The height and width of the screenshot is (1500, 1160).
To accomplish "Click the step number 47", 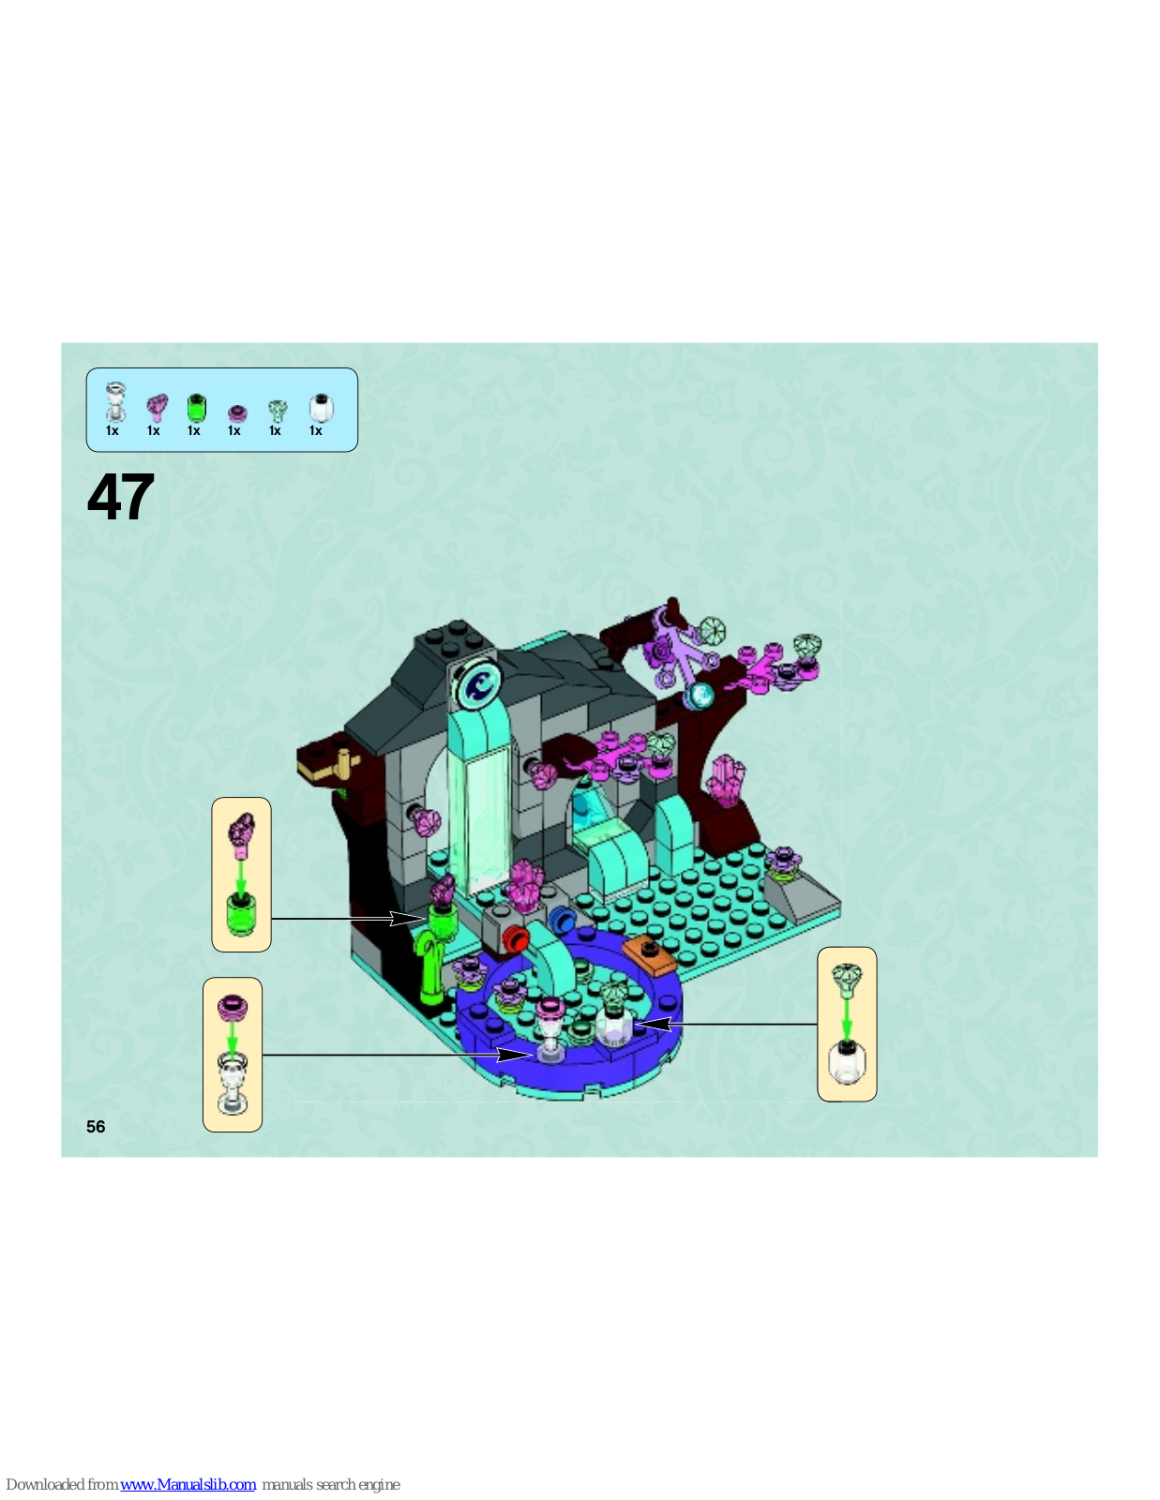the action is (x=121, y=497).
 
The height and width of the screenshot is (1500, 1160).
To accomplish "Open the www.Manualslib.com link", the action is (x=188, y=1484).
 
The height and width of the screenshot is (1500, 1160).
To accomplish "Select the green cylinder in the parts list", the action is (x=196, y=407).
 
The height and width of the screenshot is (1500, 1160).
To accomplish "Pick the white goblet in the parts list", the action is (x=114, y=402).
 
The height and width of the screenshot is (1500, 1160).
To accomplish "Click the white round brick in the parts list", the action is (x=321, y=408).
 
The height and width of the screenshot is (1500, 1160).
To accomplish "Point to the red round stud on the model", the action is (x=516, y=939).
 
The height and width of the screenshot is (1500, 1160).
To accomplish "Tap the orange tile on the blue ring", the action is (x=650, y=955).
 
